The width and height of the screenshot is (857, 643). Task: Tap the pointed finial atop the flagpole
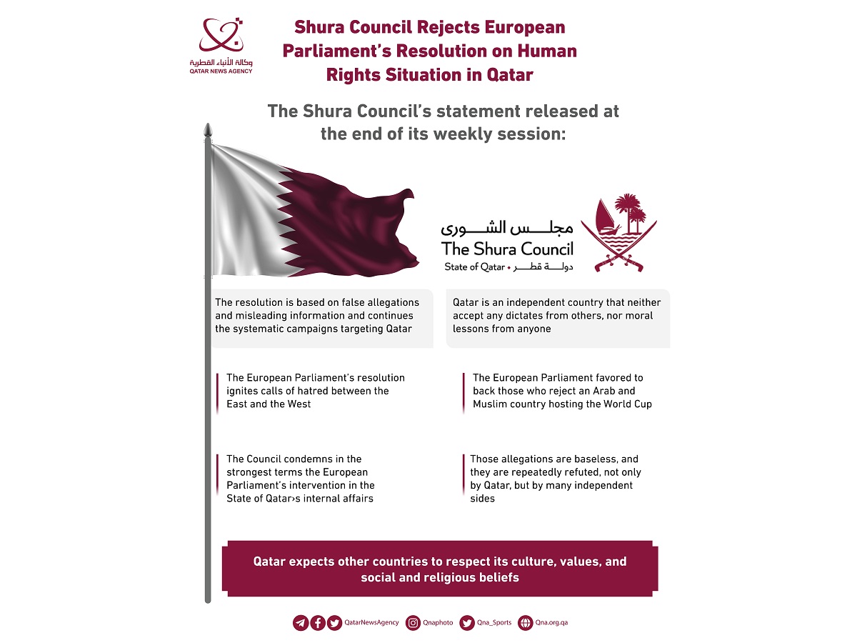pyautogui.click(x=208, y=131)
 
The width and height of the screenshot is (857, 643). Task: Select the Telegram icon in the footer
pyautogui.click(x=301, y=623)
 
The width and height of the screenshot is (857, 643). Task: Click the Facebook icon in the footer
pyautogui.click(x=318, y=623)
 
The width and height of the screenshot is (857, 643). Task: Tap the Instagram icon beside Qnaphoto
pyautogui.click(x=413, y=623)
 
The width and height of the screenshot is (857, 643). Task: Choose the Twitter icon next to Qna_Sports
pyautogui.click(x=467, y=623)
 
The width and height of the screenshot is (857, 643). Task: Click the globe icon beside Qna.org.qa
pyautogui.click(x=525, y=623)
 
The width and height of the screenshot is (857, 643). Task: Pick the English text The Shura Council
pyautogui.click(x=507, y=249)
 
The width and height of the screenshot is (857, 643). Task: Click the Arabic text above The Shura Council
pyautogui.click(x=507, y=228)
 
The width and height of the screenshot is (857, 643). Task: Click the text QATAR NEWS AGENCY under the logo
pyautogui.click(x=221, y=71)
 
